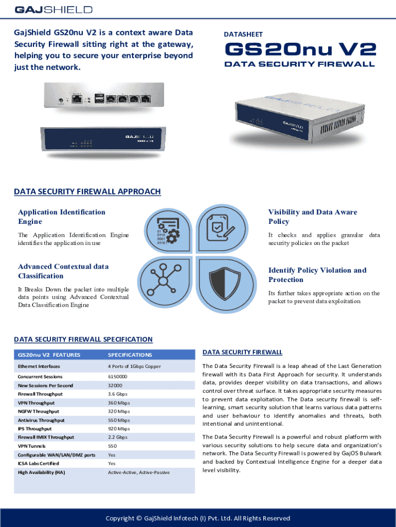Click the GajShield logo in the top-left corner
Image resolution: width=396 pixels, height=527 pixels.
click(53, 10)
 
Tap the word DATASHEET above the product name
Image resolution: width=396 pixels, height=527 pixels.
click(243, 34)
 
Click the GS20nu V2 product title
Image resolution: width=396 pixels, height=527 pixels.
click(300, 50)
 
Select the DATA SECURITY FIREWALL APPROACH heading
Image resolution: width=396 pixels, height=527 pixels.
click(87, 192)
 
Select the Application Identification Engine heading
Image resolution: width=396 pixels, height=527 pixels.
click(62, 217)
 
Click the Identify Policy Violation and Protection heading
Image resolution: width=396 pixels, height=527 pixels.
click(317, 275)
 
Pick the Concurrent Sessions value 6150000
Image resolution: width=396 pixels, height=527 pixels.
click(118, 377)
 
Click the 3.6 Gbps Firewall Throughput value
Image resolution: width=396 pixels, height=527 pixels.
click(118, 394)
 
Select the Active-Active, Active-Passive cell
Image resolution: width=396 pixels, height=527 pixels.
click(139, 472)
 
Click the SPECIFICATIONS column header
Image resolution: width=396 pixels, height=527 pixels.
click(130, 355)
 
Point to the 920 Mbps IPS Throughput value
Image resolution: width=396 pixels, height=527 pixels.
click(119, 429)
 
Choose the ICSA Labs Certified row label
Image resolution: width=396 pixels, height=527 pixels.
click(39, 464)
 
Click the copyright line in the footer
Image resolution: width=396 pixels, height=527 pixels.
click(198, 518)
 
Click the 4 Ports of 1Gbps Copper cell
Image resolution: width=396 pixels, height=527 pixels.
click(134, 366)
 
